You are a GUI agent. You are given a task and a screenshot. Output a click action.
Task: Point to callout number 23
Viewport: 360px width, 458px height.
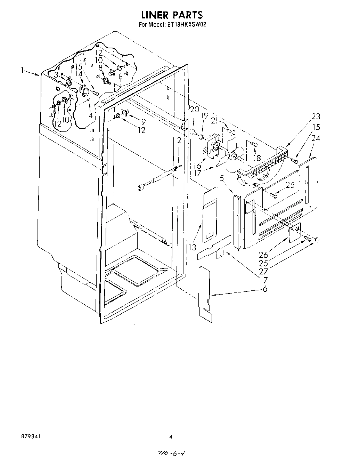(x=316, y=116)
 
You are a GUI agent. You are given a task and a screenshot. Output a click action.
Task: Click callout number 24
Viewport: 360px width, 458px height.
(x=316, y=138)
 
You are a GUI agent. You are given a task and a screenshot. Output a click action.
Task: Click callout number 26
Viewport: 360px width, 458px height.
(x=263, y=255)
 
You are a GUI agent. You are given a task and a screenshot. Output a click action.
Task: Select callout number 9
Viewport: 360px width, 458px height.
(x=143, y=121)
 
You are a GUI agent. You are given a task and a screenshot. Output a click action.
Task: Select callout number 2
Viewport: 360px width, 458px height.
(x=179, y=140)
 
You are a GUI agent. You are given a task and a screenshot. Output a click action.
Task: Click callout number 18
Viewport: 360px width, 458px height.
(x=257, y=158)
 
